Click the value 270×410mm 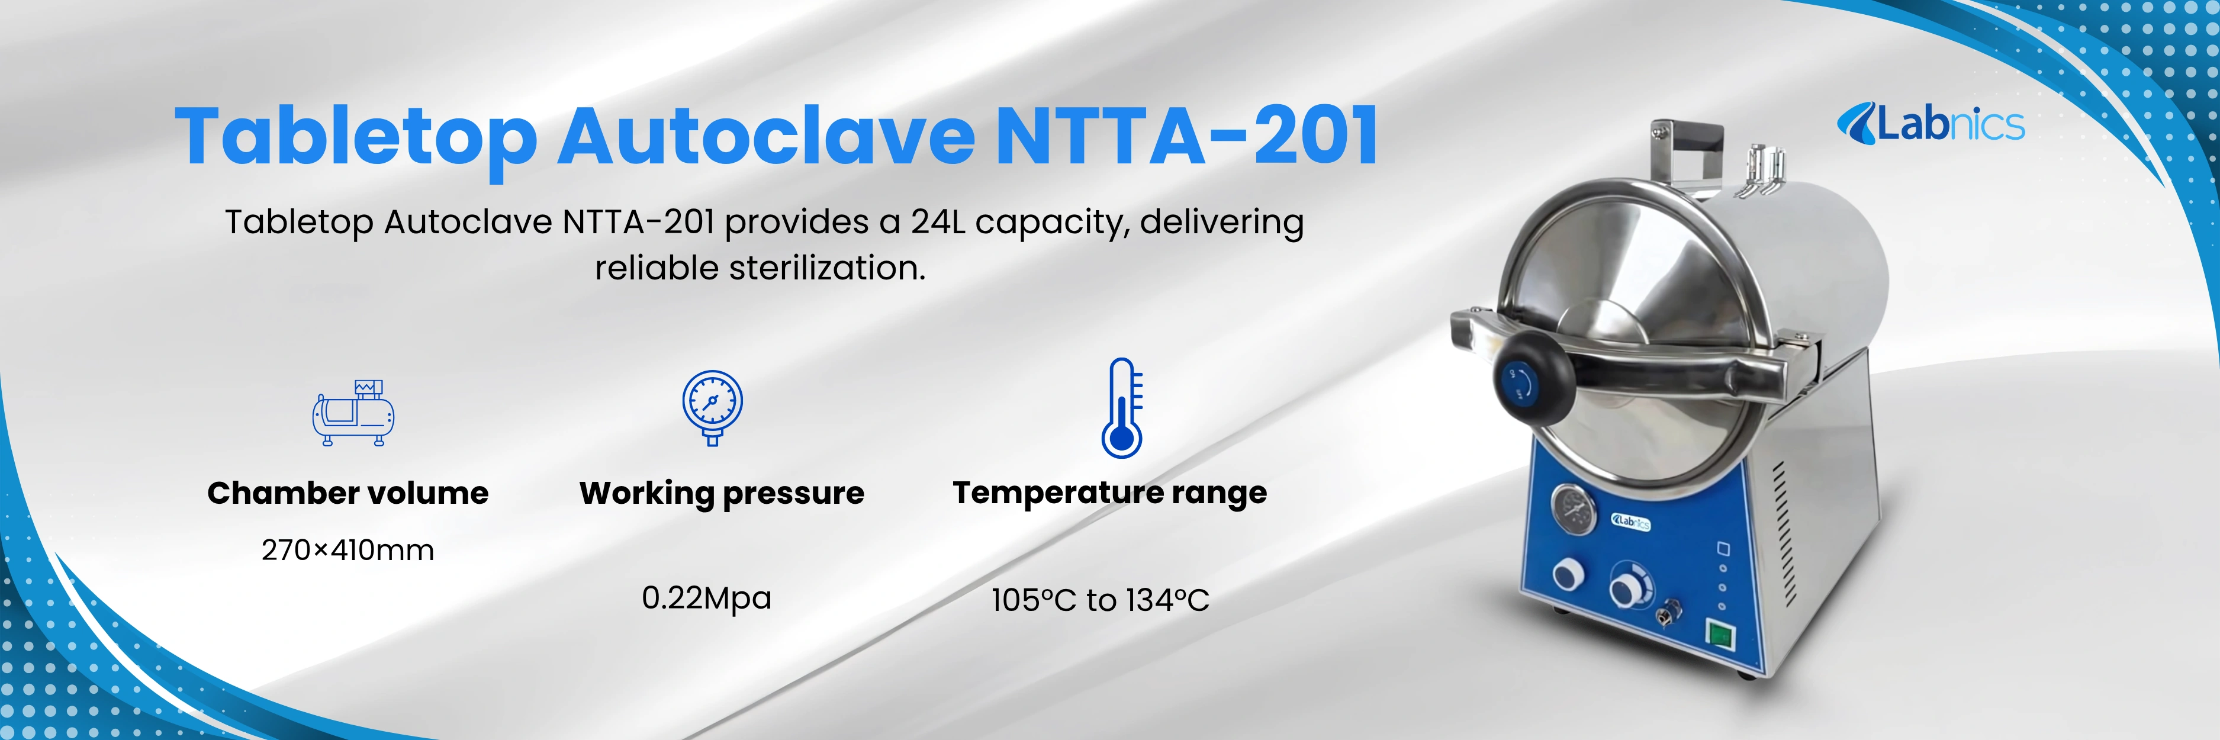click(348, 549)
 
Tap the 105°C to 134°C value click(1100, 600)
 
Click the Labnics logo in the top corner click(1931, 124)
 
